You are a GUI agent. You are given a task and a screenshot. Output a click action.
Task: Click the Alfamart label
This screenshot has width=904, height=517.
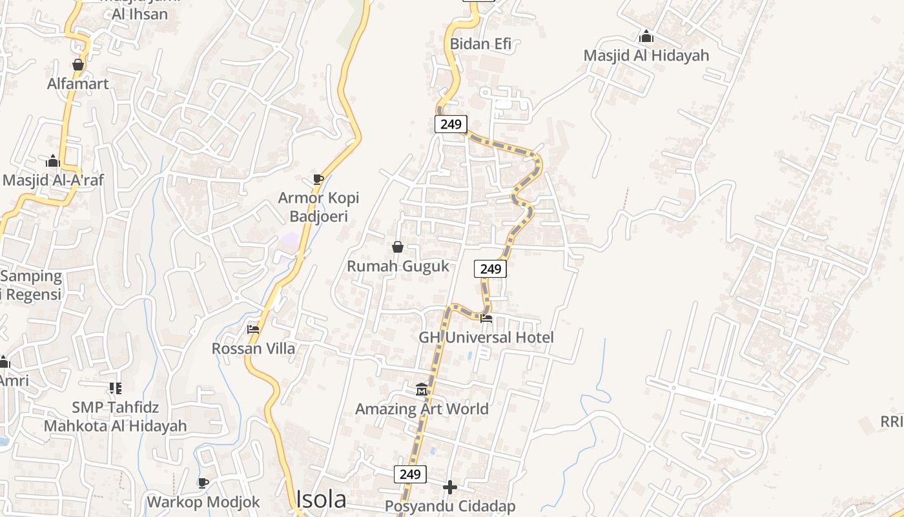click(78, 83)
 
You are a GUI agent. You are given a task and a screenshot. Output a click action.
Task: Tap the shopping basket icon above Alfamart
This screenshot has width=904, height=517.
click(78, 65)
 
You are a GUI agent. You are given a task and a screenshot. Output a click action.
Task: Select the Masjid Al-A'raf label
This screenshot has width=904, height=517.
click(53, 180)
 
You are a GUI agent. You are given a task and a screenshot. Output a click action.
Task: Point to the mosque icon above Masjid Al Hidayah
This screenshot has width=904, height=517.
click(646, 37)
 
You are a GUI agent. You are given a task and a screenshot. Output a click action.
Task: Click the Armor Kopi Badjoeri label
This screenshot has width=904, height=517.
click(318, 207)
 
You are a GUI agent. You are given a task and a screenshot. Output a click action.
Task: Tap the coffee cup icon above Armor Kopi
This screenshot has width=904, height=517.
click(318, 179)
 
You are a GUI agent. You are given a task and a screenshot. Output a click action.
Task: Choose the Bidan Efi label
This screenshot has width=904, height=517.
click(480, 44)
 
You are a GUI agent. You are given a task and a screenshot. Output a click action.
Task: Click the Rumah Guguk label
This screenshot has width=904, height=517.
click(398, 266)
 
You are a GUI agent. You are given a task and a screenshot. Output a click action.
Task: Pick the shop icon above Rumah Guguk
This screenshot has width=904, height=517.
click(398, 247)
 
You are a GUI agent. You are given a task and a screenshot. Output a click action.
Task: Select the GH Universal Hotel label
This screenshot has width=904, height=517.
click(486, 337)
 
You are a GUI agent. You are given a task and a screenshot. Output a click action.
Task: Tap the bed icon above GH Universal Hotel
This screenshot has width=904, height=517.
click(486, 318)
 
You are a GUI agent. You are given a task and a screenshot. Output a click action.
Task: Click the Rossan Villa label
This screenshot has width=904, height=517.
click(253, 348)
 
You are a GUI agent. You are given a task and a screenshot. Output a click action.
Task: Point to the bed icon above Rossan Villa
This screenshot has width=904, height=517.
click(253, 329)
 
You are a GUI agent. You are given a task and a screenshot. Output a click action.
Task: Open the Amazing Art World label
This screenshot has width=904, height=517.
click(422, 408)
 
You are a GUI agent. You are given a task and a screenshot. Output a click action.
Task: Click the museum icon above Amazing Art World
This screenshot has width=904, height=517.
click(422, 389)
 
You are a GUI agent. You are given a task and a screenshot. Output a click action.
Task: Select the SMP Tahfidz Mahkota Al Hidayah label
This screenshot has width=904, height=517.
click(116, 417)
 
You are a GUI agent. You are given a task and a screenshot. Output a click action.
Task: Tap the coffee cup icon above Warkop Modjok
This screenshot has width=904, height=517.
click(203, 483)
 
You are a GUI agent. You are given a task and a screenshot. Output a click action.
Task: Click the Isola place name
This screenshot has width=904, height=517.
click(321, 499)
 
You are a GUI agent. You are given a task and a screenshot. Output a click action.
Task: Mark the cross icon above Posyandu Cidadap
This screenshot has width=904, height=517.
click(450, 487)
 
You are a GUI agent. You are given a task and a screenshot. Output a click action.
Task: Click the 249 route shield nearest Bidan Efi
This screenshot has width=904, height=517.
click(451, 124)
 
